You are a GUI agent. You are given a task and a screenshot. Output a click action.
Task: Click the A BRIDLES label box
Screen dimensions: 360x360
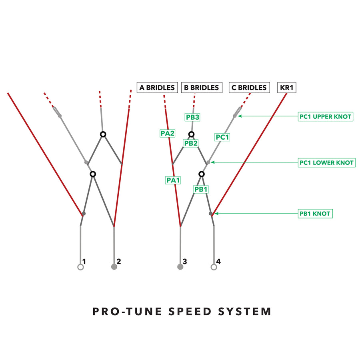(x=157, y=88)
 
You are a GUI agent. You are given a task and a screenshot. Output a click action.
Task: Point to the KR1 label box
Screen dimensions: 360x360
(x=287, y=88)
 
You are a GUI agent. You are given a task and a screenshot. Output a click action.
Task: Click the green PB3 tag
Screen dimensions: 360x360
(x=192, y=117)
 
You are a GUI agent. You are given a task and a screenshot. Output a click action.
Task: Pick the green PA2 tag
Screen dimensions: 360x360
(x=167, y=134)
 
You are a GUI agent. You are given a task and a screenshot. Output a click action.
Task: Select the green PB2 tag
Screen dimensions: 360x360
(x=191, y=143)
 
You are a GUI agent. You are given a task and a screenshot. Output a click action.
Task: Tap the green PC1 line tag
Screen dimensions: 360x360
(x=222, y=137)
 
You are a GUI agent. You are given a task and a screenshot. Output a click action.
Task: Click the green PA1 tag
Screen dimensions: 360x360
(x=173, y=180)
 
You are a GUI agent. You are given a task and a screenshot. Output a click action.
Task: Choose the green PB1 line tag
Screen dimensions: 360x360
(x=201, y=189)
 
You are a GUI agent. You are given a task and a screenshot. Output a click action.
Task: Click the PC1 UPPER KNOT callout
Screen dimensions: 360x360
(x=326, y=117)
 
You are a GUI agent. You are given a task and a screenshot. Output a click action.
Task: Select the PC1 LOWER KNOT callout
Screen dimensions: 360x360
(x=326, y=163)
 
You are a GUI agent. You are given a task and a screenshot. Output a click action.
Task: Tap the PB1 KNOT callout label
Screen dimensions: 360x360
(x=315, y=214)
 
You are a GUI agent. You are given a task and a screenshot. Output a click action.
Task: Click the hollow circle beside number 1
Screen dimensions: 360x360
(x=80, y=267)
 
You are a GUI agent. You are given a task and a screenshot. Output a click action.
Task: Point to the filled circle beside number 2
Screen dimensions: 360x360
(x=114, y=267)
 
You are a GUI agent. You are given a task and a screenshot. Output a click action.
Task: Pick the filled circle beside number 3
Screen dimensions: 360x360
(x=180, y=267)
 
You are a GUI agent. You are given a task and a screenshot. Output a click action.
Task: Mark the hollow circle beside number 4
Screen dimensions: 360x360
(x=214, y=267)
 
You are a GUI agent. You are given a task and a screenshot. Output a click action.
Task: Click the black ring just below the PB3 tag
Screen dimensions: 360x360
(x=192, y=134)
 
